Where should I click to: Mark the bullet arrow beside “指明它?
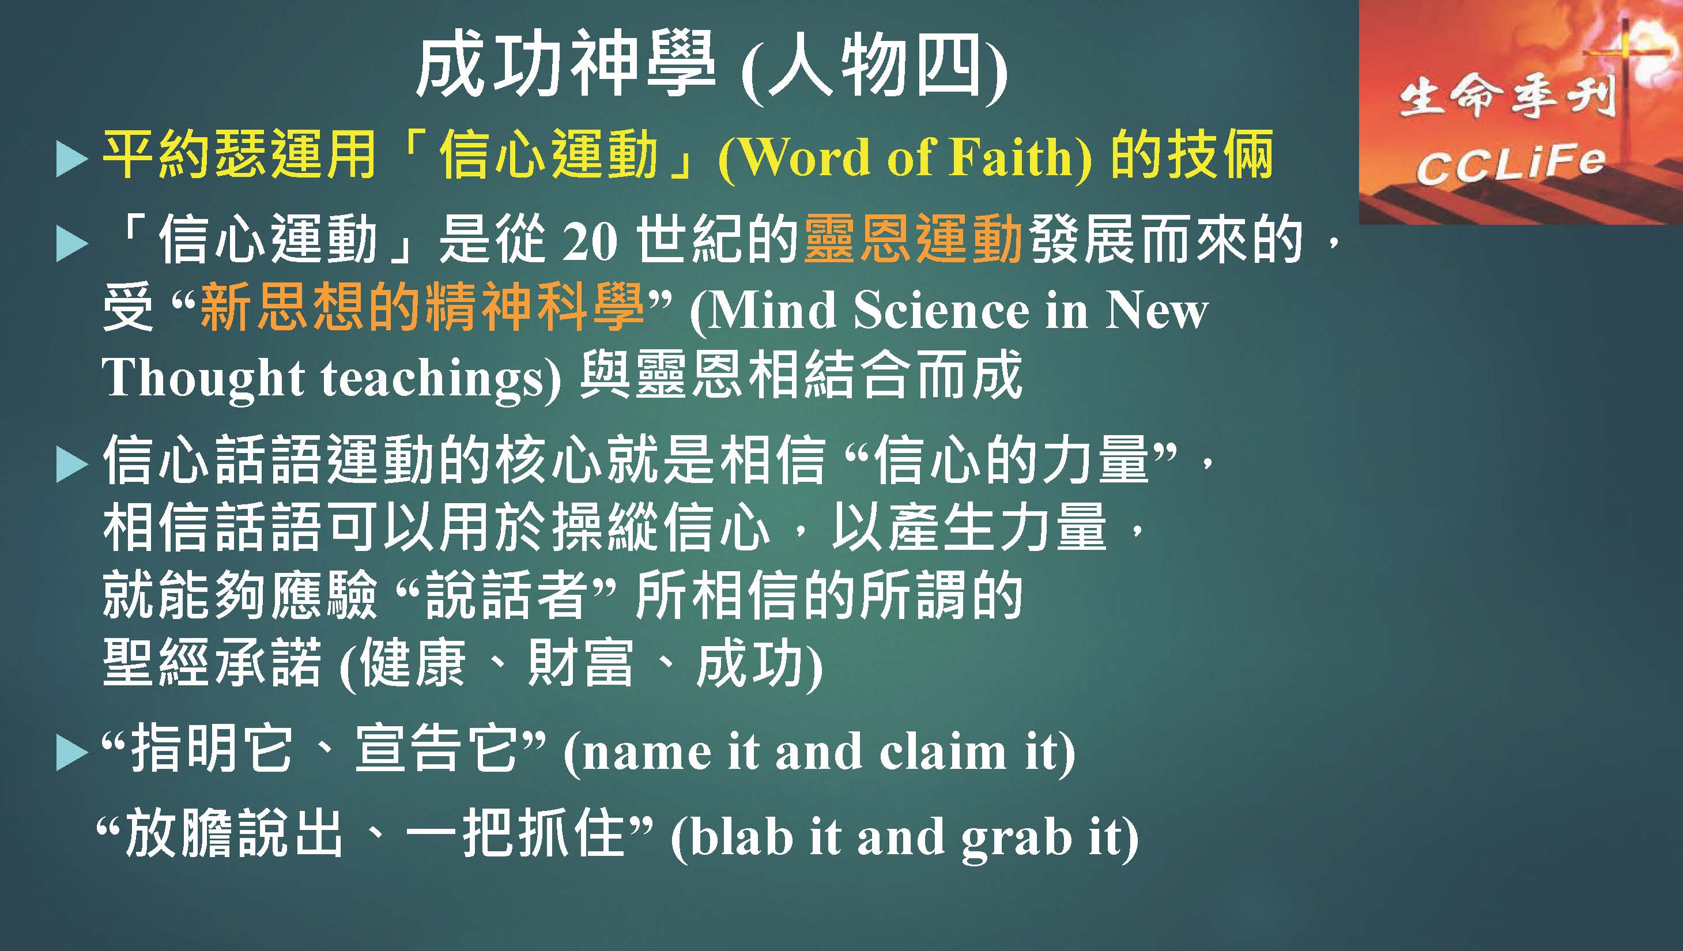(x=72, y=754)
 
